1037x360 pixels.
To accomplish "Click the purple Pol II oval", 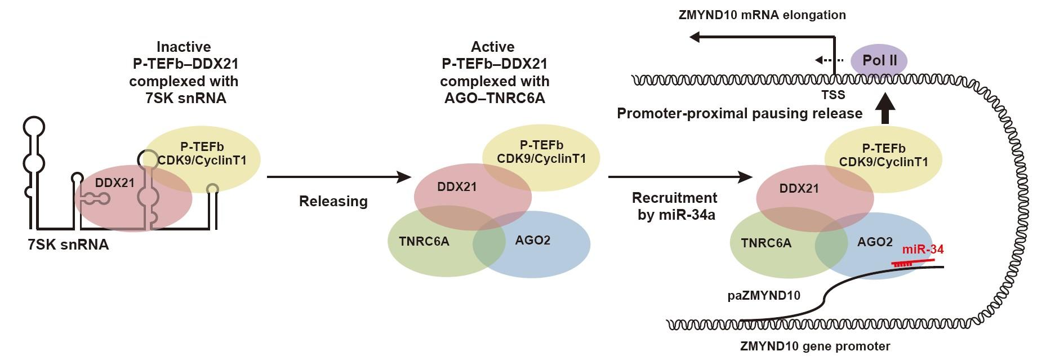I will pyautogui.click(x=879, y=60).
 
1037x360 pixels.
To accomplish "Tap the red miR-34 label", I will pyautogui.click(x=923, y=250).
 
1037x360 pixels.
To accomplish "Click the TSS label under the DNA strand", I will pyautogui.click(x=833, y=95).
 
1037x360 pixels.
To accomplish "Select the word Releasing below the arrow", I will pyautogui.click(x=333, y=201).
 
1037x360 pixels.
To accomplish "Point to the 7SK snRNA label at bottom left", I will pyautogui.click(x=68, y=245).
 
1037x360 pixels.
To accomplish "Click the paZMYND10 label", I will pyautogui.click(x=763, y=295).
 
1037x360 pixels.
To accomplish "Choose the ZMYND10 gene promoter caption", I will pyautogui.click(x=815, y=346).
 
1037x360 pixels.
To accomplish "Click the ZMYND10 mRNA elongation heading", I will pyautogui.click(x=762, y=15).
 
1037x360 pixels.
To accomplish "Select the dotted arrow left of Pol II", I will pyautogui.click(x=829, y=60).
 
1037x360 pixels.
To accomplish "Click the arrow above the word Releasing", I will pyautogui.click(x=338, y=177).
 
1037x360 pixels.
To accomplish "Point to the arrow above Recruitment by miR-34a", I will pyautogui.click(x=680, y=177).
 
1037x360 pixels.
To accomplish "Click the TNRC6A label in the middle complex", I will pyautogui.click(x=424, y=242).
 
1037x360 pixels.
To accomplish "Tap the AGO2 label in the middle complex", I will pyautogui.click(x=532, y=241).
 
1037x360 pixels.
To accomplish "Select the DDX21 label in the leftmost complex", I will pyautogui.click(x=115, y=183).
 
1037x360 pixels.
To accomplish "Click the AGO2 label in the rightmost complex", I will pyautogui.click(x=875, y=242).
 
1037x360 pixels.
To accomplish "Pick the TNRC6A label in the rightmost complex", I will pyautogui.click(x=766, y=243).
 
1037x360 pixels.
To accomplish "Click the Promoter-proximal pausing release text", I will pyautogui.click(x=740, y=114).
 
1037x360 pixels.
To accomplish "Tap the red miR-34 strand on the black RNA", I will pyautogui.click(x=913, y=262).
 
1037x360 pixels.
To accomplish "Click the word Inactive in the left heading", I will pyautogui.click(x=184, y=47).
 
